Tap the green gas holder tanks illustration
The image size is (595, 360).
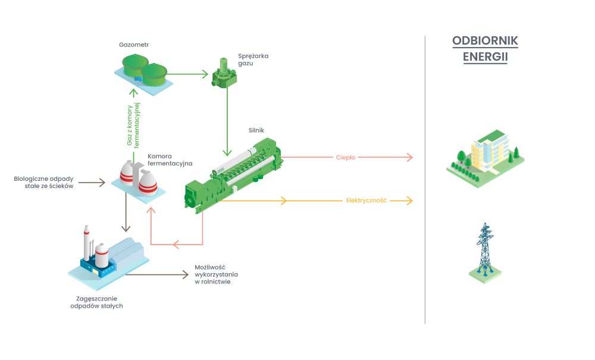tap(143, 70)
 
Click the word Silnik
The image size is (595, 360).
tap(256, 130)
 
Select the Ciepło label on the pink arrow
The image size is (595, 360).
tap(345, 158)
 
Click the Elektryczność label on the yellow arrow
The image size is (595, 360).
tap(367, 201)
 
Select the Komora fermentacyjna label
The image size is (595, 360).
tap(170, 161)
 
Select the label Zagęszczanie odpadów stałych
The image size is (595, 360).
tap(96, 302)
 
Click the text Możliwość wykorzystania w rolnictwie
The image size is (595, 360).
tap(215, 275)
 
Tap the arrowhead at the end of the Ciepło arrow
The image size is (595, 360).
tap(409, 158)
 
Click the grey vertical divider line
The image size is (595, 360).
tap(425, 179)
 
